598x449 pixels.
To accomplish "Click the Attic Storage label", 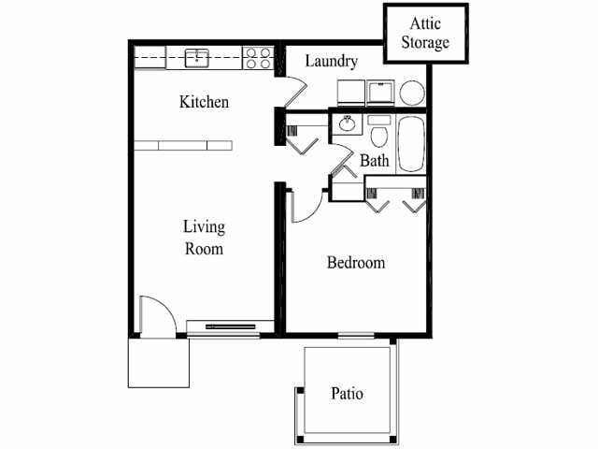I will (425, 34).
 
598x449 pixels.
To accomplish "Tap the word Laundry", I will (331, 62).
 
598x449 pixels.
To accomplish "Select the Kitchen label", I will (204, 102).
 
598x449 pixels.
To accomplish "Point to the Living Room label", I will (203, 238).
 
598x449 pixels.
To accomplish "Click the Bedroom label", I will (355, 263).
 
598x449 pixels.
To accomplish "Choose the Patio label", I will (347, 394).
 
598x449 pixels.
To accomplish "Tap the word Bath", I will (375, 161).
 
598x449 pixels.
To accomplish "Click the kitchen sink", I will (197, 58).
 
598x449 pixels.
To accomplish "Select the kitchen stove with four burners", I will (257, 58).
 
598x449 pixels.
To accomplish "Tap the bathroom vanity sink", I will (347, 123).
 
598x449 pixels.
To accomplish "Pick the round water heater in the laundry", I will (411, 93).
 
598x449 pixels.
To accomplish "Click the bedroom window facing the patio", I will (356, 335).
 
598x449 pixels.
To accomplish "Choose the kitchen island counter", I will (181, 144).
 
